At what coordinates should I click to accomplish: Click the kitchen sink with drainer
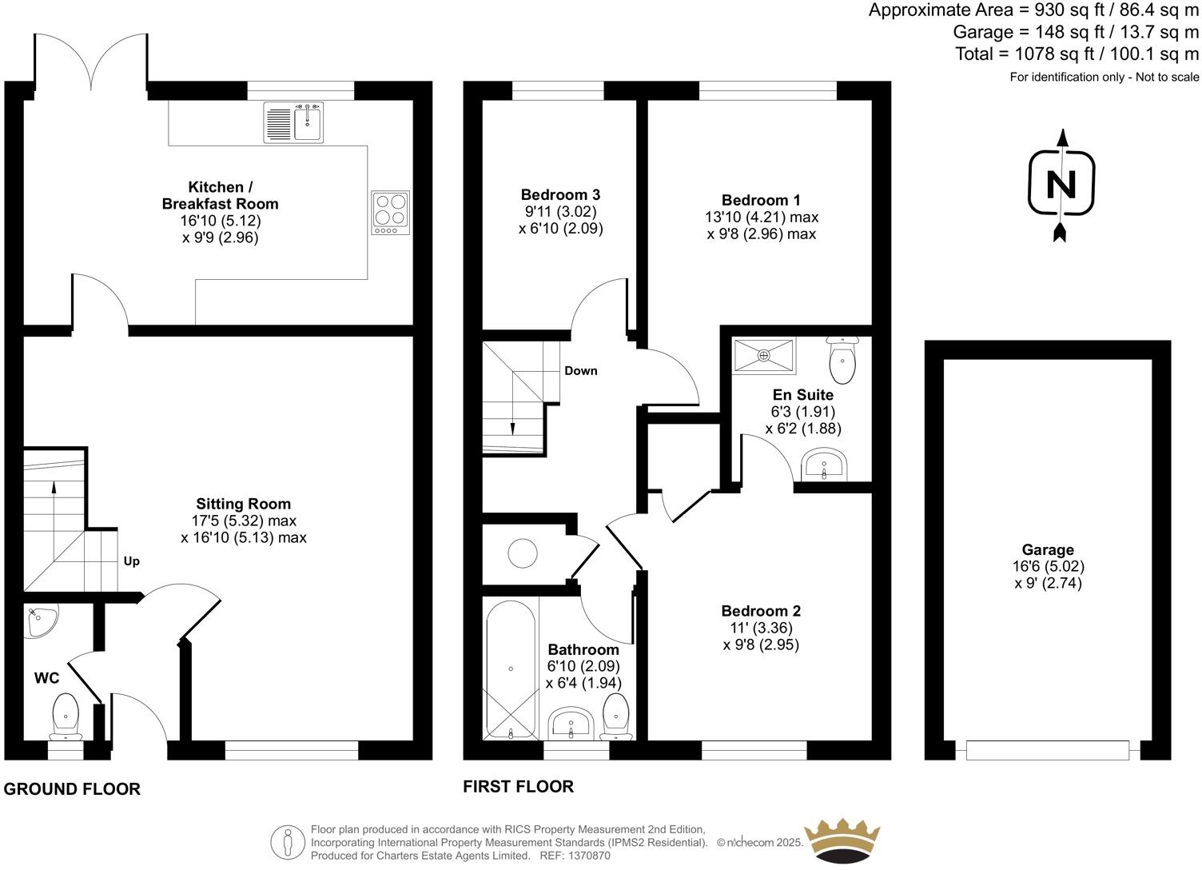(293, 123)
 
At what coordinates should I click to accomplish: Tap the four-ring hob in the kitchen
(390, 213)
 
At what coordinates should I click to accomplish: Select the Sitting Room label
(244, 504)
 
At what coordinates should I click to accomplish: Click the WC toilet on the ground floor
(66, 715)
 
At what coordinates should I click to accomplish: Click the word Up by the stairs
(132, 561)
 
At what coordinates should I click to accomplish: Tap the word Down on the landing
(581, 371)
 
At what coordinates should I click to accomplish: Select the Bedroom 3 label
(560, 194)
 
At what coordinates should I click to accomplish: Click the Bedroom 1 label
(761, 200)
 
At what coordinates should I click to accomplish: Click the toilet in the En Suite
(842, 361)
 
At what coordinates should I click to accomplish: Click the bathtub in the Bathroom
(511, 668)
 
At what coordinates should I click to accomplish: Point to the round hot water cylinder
(523, 553)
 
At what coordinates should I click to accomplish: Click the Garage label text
(1048, 549)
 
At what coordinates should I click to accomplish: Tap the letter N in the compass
(1061, 185)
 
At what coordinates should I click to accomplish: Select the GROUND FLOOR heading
(72, 789)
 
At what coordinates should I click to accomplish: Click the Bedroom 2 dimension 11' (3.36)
(761, 628)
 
